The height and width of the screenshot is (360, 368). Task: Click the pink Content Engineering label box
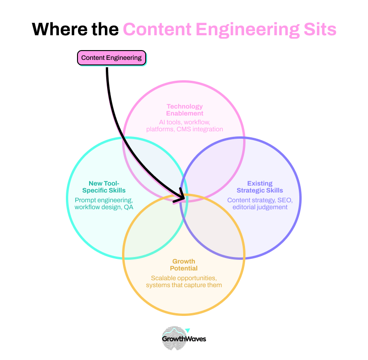(111, 58)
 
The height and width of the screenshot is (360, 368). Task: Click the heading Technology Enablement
(185, 110)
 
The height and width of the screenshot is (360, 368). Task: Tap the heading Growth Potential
(184, 264)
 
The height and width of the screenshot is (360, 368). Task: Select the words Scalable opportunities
(184, 278)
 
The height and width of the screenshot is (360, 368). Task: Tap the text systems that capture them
(184, 285)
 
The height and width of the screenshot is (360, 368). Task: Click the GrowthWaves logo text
(184, 339)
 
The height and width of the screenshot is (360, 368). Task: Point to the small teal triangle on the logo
(188, 330)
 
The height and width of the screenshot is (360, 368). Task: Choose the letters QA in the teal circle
(128, 207)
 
